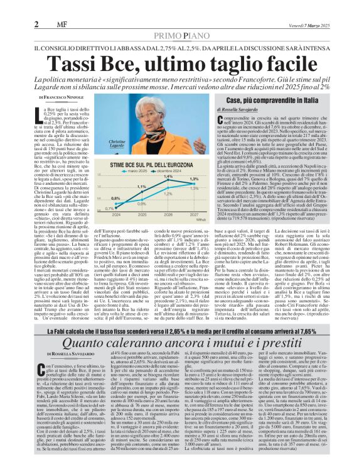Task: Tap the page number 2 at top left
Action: tap(36, 7)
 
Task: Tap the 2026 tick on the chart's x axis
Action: tap(168, 214)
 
